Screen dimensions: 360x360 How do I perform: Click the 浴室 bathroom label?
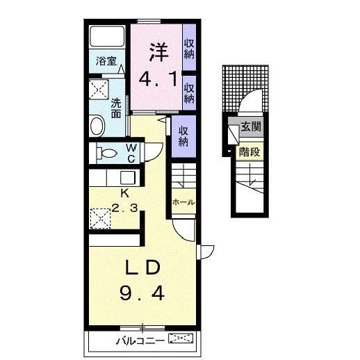coord(106,61)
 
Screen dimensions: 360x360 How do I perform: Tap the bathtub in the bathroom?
coord(107,37)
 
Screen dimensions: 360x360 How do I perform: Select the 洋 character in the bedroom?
coord(159,52)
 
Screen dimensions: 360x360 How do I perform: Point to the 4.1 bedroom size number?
coord(159,79)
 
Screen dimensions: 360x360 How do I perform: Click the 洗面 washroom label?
coord(116,108)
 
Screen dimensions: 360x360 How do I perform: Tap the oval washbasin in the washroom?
coord(97,126)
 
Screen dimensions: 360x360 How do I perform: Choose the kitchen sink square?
coord(128,178)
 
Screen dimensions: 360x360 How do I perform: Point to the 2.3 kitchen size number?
coord(124,208)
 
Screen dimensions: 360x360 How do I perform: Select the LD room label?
coord(142,268)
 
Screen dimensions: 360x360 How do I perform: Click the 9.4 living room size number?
coord(142,293)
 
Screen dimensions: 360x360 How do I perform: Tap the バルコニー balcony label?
coord(140,341)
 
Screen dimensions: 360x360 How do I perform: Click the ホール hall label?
coord(183,202)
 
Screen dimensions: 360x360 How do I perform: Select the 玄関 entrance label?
coord(251,126)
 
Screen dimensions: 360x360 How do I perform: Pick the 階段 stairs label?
coord(249,152)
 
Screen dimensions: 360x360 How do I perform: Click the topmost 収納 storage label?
coord(189,49)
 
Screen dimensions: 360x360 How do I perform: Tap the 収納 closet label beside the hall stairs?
coord(183,137)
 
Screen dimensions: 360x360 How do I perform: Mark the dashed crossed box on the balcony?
coord(181,338)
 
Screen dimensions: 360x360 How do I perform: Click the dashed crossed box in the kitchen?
coord(100,219)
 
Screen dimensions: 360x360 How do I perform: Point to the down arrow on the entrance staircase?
coord(250,174)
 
